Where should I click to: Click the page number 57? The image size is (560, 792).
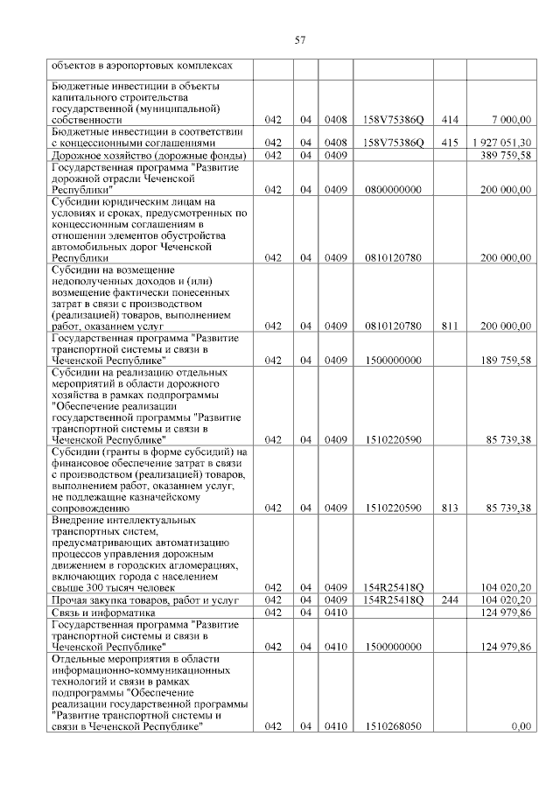(x=299, y=39)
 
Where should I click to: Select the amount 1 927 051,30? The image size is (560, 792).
(x=500, y=143)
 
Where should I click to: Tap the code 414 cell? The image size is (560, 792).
(x=451, y=119)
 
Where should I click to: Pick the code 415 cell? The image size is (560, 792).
(x=451, y=143)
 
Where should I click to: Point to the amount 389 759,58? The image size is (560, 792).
(x=507, y=155)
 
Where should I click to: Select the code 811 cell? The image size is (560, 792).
(x=451, y=326)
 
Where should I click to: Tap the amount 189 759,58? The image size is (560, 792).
(x=507, y=361)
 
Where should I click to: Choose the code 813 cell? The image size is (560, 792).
(x=451, y=508)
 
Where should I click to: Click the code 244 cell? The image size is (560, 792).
(x=451, y=600)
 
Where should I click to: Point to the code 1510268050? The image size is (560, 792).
(x=394, y=726)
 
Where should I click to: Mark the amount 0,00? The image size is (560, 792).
(x=521, y=726)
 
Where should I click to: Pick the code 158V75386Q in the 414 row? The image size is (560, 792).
(x=394, y=119)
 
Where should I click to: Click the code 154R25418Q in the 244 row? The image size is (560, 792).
(x=394, y=600)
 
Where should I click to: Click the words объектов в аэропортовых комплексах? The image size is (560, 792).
(x=142, y=65)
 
